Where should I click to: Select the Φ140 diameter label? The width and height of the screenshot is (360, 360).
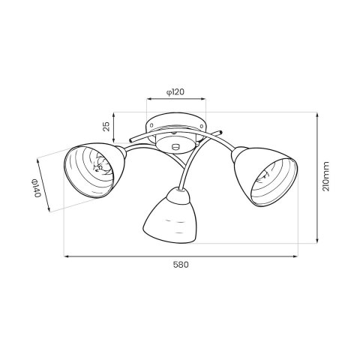(x=35, y=187)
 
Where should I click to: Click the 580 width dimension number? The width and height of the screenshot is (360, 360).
(x=180, y=264)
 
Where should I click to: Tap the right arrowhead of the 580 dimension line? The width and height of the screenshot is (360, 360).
(x=295, y=256)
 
